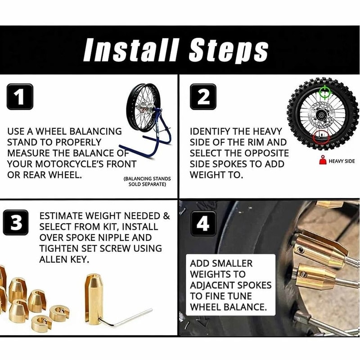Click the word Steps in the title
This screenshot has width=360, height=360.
228,50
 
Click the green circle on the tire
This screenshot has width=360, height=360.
324,94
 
